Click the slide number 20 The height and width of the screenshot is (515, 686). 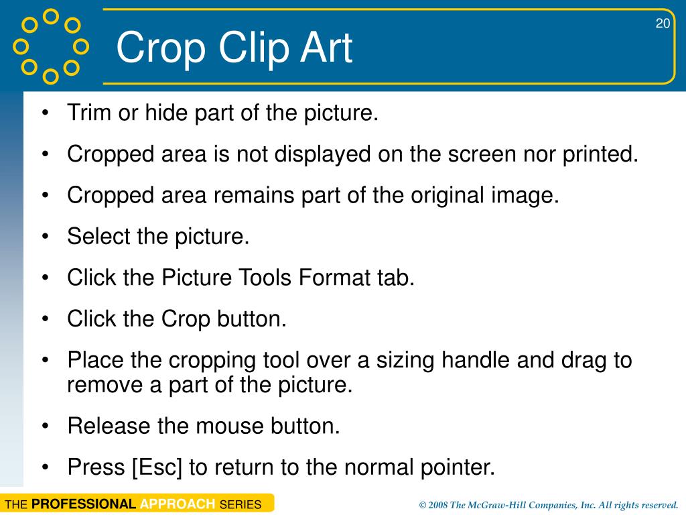(663, 23)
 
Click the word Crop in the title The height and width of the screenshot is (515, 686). (161, 49)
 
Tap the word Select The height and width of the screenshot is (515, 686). (98, 237)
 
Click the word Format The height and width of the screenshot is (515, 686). (334, 278)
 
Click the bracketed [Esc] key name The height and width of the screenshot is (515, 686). (157, 467)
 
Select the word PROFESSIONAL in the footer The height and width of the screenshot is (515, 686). (84, 504)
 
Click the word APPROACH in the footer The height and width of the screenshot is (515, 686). (178, 504)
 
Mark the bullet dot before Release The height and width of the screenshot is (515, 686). (45, 426)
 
